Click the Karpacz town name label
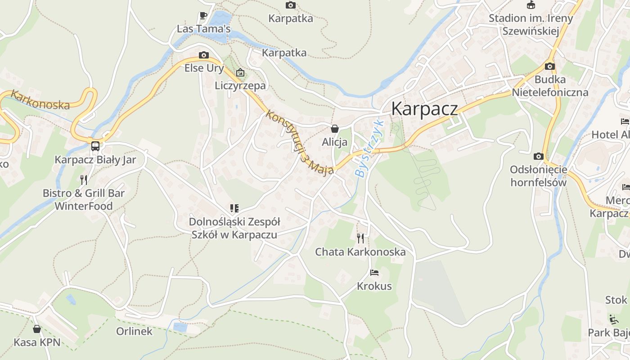coord(424,109)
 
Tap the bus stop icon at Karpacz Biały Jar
coord(95,146)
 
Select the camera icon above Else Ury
coord(204,55)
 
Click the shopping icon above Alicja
coord(335,129)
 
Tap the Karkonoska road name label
coord(40,100)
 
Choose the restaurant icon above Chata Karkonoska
coord(360,238)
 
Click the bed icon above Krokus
coord(374,272)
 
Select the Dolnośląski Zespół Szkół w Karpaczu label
coord(234,228)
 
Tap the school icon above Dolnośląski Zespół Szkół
coord(234,208)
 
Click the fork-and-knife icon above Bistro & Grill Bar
coord(84,180)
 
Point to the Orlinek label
coord(134,332)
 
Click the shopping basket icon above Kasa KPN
coord(37,329)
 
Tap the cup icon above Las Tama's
coord(203,15)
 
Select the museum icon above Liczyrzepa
coord(240,72)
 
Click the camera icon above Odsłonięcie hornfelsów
coord(538,156)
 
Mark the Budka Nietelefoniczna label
coord(550,86)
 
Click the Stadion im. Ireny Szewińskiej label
coord(531,25)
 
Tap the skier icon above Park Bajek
coord(613,319)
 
